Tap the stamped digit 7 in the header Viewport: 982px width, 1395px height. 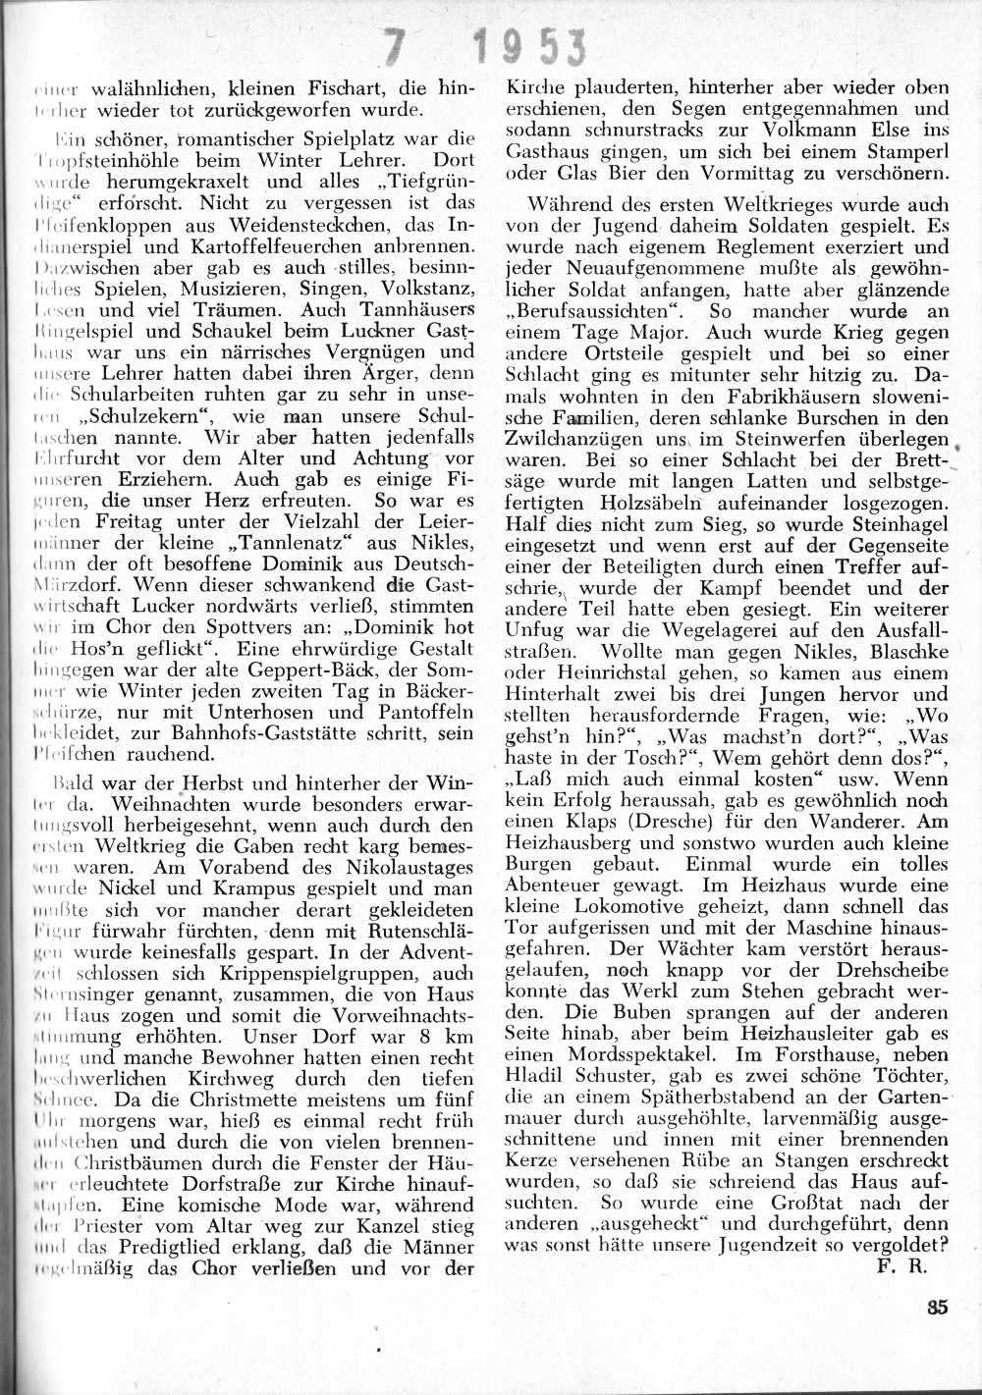(x=396, y=43)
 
